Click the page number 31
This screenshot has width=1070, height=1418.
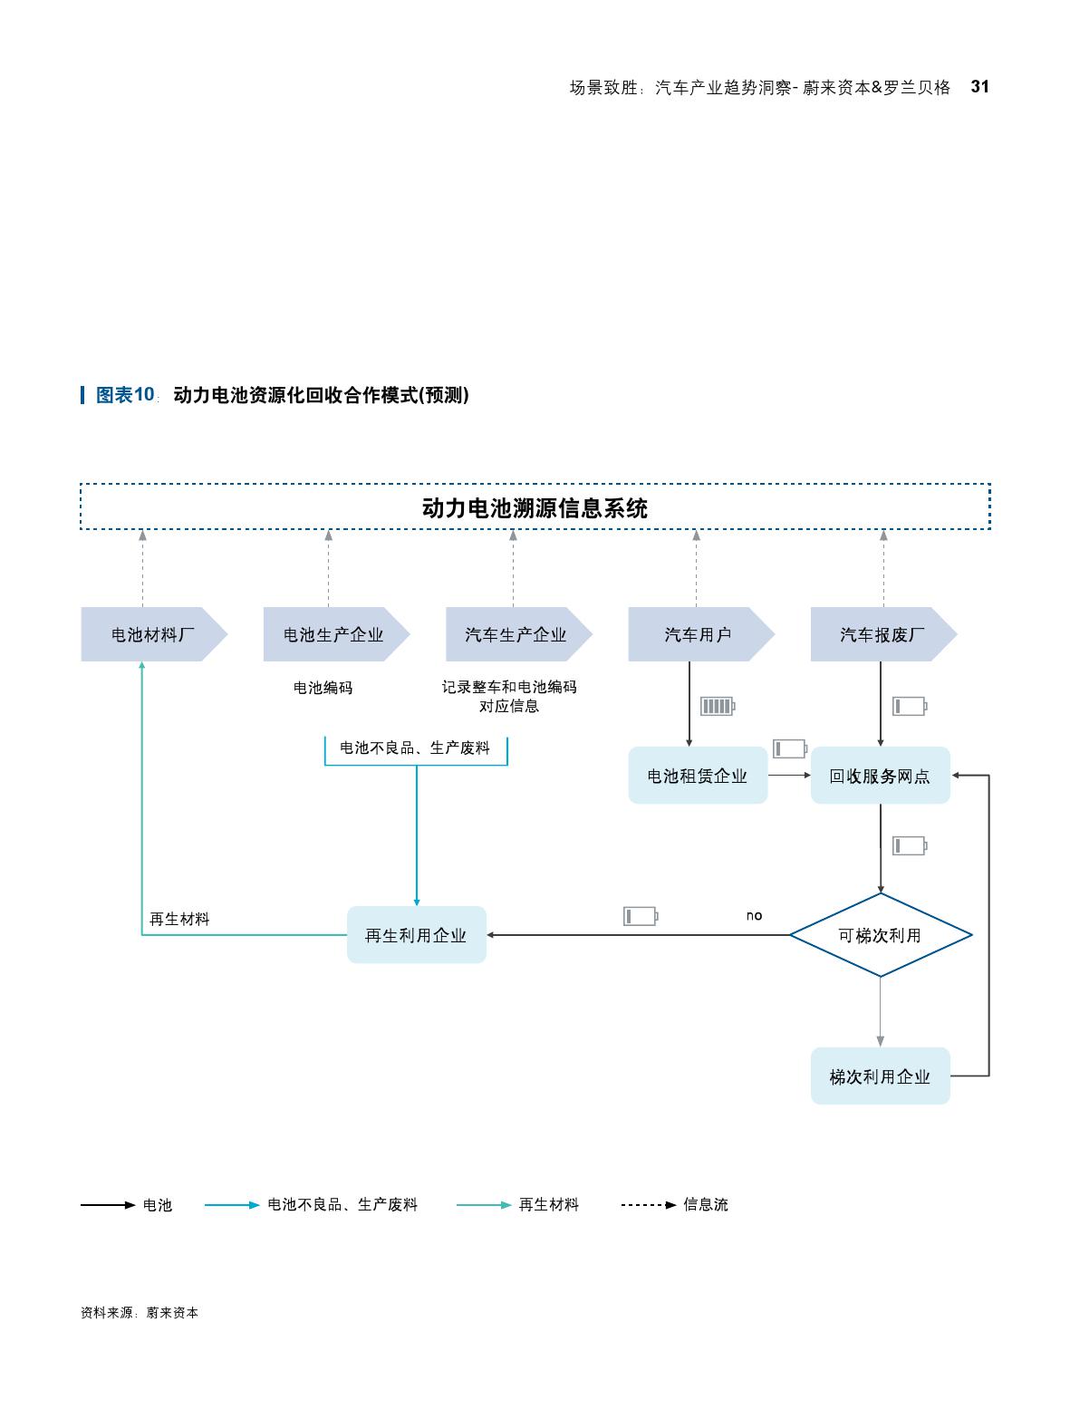[979, 87]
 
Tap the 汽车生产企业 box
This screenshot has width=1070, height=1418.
[516, 634]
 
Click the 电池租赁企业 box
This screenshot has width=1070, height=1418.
[698, 776]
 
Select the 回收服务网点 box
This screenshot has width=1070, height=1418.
[880, 776]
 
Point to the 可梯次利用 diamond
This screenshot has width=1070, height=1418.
[880, 935]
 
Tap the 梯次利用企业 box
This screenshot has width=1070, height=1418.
[880, 1076]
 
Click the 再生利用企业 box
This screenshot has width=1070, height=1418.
[416, 935]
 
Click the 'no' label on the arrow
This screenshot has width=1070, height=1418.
[754, 916]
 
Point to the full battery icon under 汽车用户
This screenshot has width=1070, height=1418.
[717, 706]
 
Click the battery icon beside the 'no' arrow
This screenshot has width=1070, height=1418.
[640, 916]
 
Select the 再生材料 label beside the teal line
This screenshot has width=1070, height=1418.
[179, 919]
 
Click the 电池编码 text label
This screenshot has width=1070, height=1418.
[323, 688]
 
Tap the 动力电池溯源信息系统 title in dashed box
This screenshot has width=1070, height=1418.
[535, 507]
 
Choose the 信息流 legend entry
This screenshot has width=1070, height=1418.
[705, 1204]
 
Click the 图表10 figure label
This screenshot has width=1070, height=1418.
[126, 395]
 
